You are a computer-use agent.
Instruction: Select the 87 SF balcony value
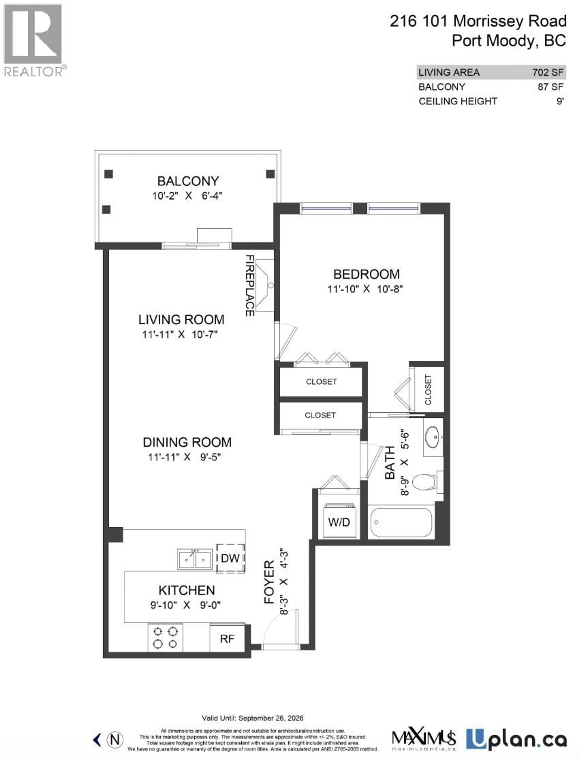550,87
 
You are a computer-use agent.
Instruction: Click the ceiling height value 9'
560,101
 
